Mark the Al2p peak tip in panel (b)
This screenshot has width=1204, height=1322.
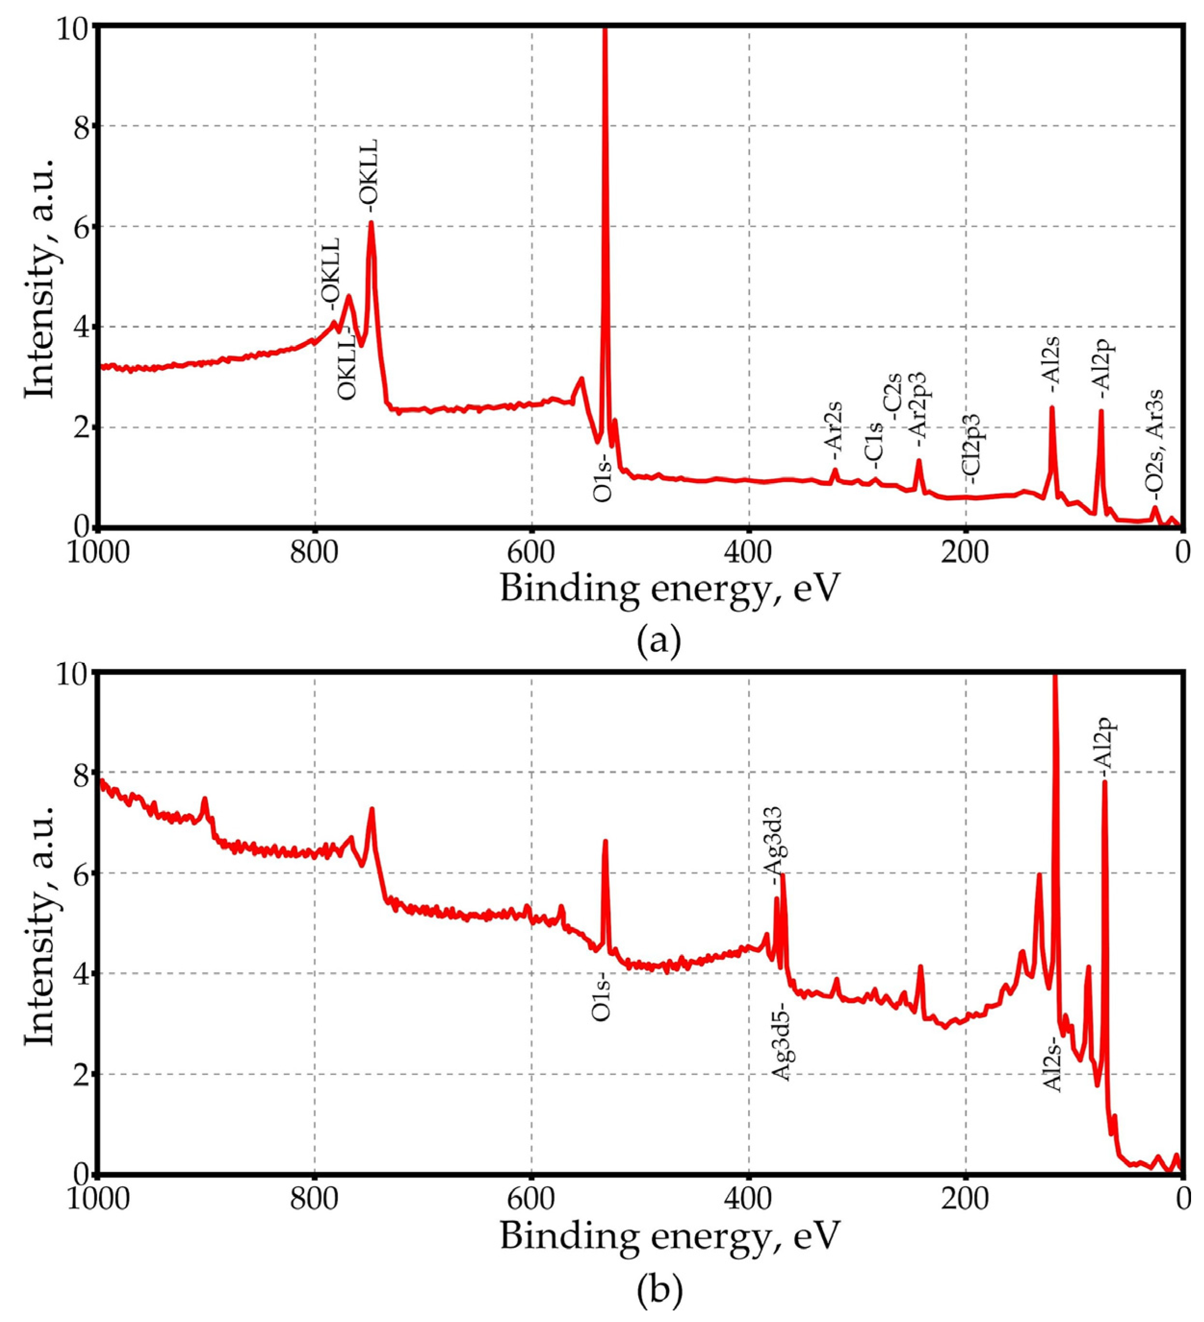point(1104,782)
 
